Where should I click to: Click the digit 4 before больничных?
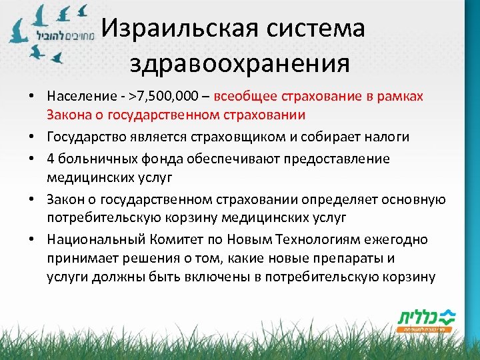51,159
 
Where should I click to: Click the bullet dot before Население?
31,98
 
